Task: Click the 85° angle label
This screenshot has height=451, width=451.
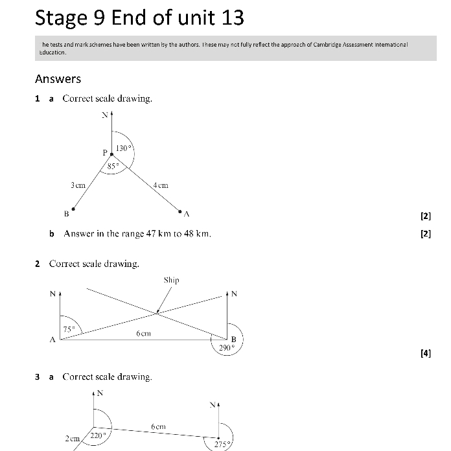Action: point(113,166)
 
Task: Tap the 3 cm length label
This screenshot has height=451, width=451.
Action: point(78,185)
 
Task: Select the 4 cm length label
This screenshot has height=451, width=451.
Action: point(161,185)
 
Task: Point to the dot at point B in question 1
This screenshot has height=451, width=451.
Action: point(73,209)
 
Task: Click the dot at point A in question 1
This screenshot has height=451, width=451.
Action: point(179,210)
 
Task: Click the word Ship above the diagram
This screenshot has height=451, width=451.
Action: point(171,280)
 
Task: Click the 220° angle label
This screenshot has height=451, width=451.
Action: point(98,435)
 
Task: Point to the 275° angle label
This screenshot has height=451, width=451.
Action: point(222,445)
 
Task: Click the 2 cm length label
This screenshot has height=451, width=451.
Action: point(72,439)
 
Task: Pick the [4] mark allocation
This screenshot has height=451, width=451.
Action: point(425,353)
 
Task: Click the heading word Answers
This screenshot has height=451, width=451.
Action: point(58,79)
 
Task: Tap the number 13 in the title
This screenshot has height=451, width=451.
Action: point(232,17)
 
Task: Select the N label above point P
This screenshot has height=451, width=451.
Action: point(104,116)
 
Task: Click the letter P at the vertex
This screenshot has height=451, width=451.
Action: point(105,152)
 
